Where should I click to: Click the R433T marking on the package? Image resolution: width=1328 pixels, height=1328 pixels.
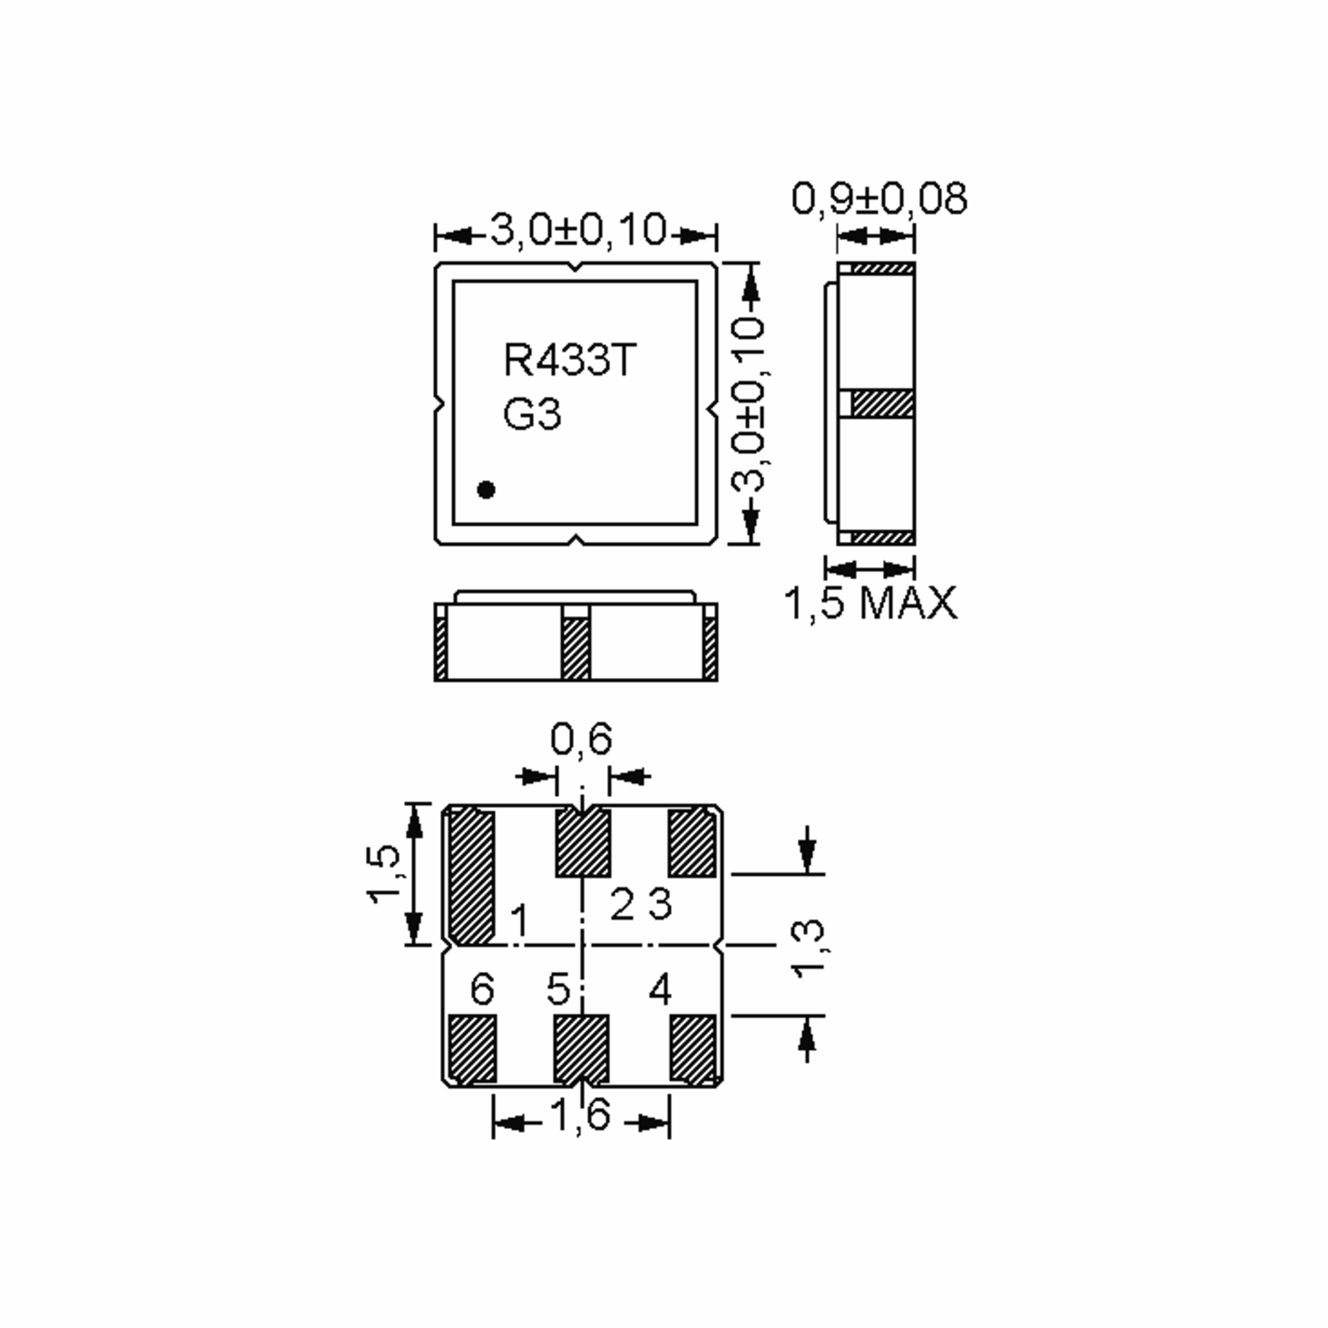(570, 360)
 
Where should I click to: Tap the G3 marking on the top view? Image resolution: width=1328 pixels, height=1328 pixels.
(532, 414)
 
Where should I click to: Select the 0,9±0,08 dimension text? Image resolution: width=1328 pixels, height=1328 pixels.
(879, 199)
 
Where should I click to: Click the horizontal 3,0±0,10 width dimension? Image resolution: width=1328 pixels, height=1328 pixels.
(577, 230)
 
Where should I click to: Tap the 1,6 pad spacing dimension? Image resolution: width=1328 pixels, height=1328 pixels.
(581, 1114)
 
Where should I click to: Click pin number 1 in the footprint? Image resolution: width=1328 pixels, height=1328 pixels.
(520, 921)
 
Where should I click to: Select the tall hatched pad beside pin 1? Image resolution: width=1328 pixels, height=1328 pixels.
(471, 876)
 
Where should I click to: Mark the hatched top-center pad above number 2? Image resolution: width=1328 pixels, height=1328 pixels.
(583, 843)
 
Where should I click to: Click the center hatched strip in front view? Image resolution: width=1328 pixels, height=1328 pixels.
(575, 647)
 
